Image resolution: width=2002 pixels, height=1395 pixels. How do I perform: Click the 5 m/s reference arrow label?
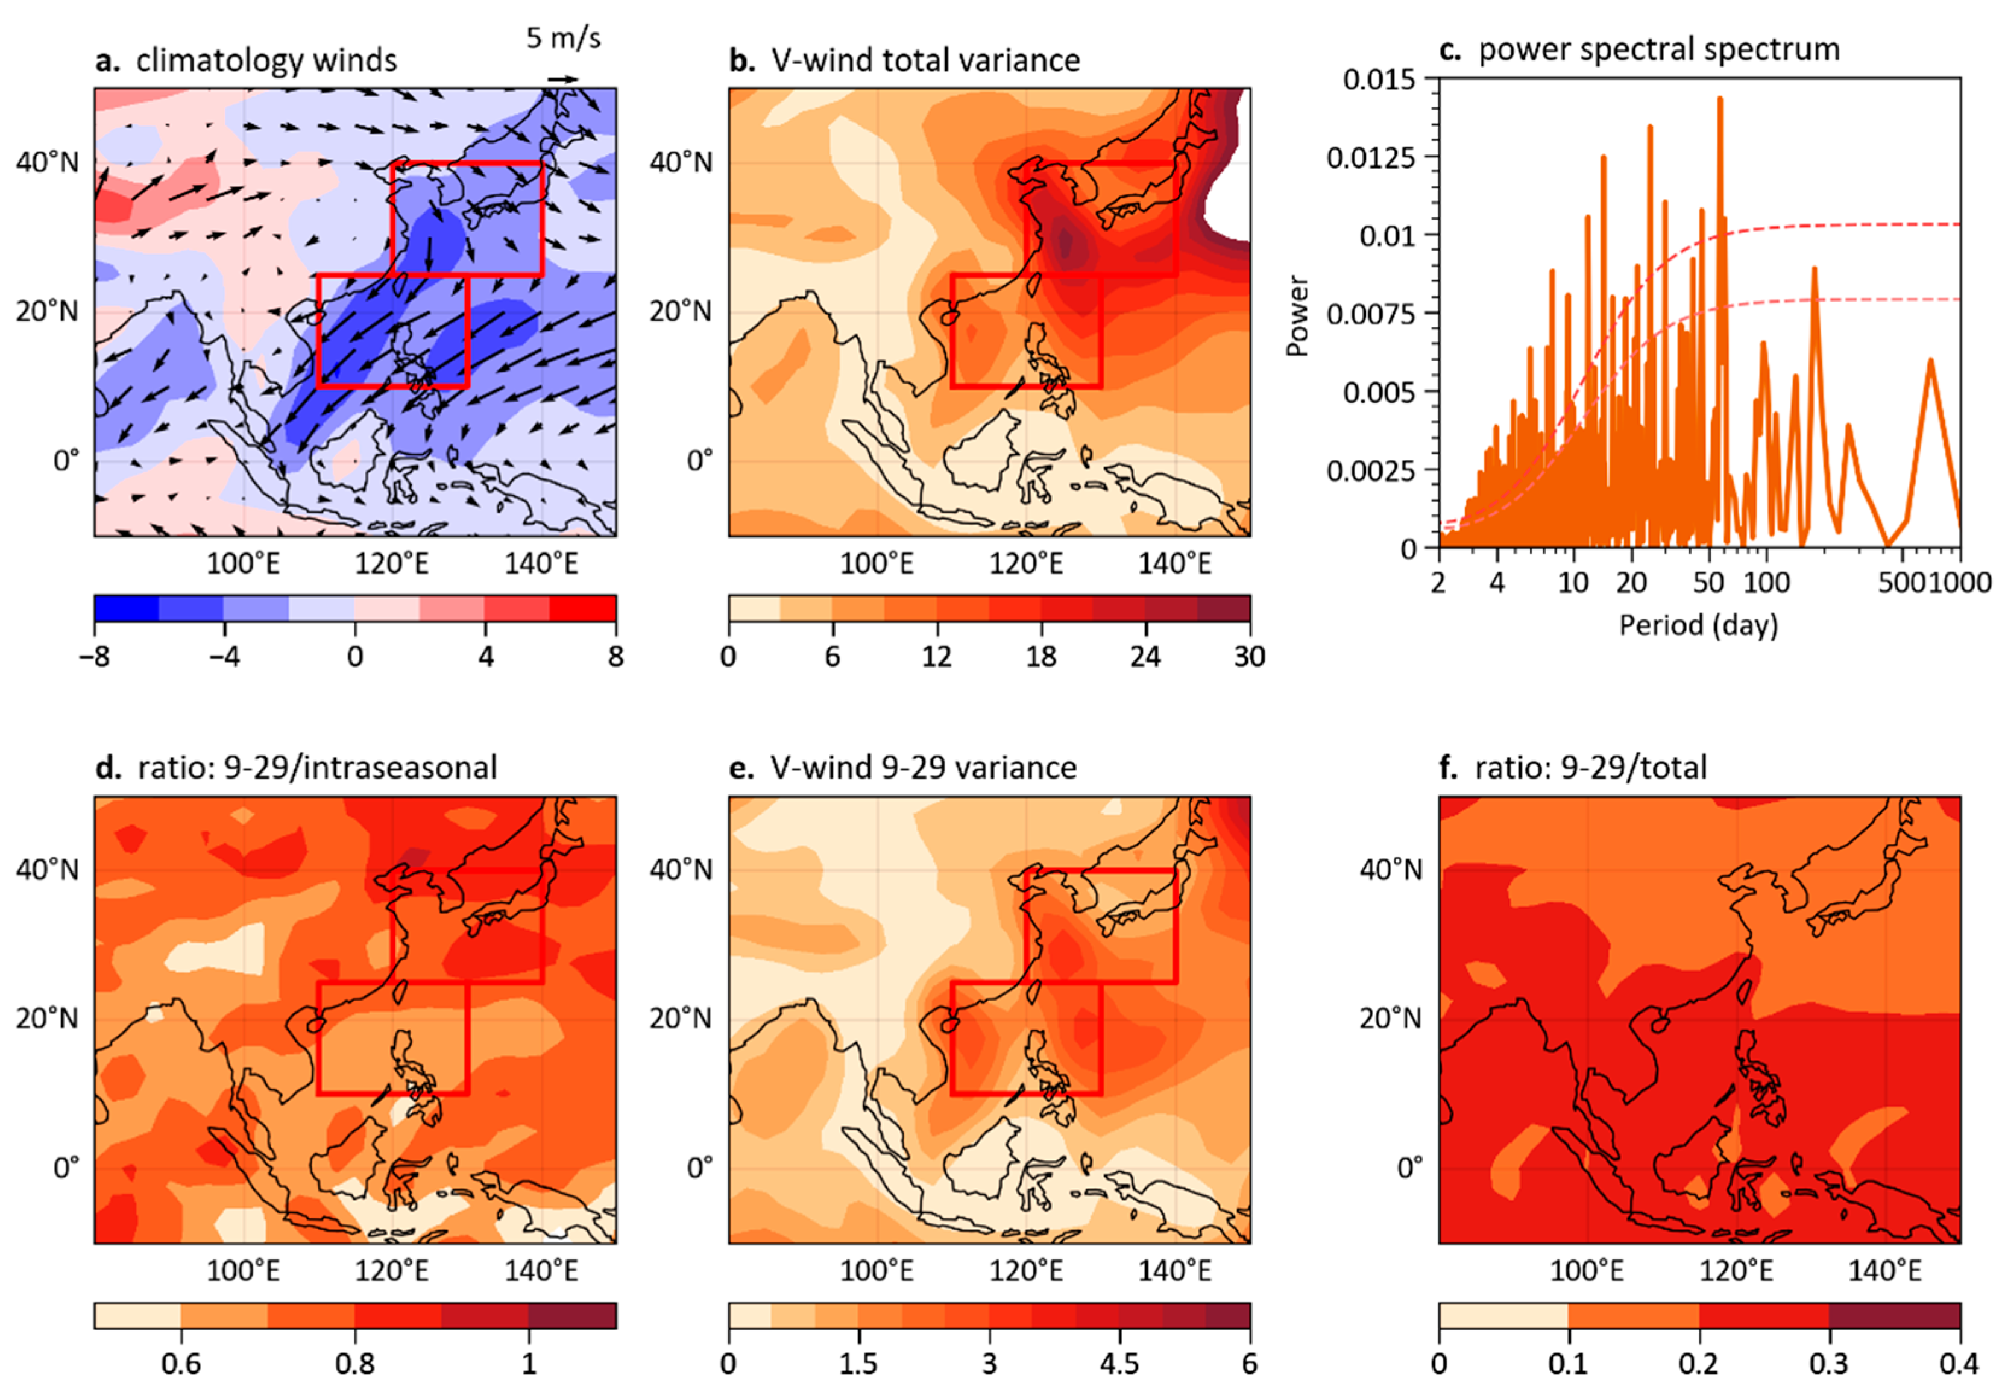coord(563,39)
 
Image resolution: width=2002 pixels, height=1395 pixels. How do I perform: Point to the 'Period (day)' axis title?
coord(1698,625)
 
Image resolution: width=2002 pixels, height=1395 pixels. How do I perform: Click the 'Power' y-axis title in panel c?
coord(1297,316)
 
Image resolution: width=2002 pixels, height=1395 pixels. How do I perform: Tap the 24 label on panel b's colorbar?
coord(1145,656)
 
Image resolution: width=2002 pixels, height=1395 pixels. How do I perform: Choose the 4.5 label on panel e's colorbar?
coord(1119,1364)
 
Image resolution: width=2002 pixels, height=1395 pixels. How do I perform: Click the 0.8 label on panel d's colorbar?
coord(355,1364)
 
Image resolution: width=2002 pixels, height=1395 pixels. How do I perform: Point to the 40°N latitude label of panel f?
coord(1390,870)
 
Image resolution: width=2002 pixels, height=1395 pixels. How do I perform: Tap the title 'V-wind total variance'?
coord(925,61)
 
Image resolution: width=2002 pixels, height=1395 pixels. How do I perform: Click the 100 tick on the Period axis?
coord(1766,582)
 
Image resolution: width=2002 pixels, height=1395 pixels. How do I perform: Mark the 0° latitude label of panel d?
coord(66,1167)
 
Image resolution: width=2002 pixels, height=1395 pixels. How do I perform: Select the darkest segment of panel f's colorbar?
coord(1894,1315)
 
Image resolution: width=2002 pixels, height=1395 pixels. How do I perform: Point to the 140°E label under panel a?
coord(541,563)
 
